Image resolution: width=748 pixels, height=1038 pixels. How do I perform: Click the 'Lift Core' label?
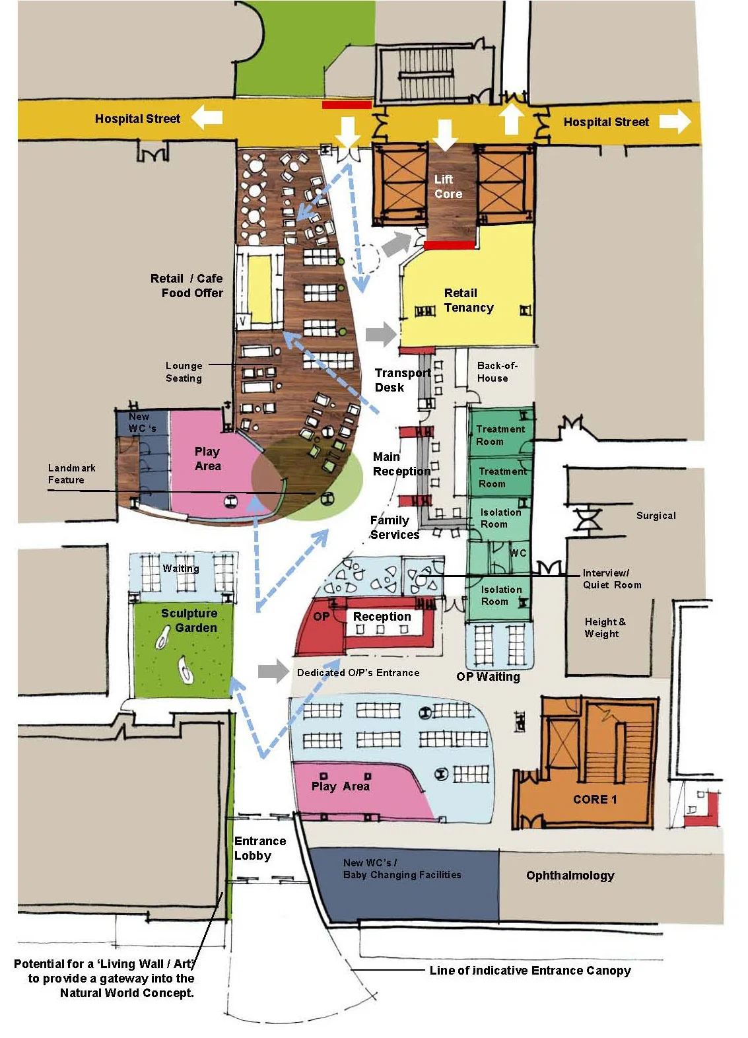(448, 187)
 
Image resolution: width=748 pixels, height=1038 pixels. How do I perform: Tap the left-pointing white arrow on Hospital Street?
(207, 118)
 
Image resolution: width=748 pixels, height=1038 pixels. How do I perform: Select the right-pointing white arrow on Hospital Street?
(675, 121)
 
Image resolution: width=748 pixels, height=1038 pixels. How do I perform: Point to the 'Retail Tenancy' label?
(468, 300)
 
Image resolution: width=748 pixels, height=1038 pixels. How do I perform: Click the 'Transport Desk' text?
(401, 380)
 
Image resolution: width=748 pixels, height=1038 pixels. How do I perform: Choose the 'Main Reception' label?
(401, 464)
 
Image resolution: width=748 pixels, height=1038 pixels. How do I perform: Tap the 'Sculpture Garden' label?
(189, 621)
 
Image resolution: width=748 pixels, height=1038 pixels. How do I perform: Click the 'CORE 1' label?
(594, 800)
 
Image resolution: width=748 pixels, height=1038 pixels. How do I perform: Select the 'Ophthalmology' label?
(570, 876)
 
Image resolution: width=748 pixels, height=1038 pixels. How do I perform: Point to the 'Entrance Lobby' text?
(259, 848)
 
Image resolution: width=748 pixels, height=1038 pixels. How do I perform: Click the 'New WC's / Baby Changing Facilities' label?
(401, 869)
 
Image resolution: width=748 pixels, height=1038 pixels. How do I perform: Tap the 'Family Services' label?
(394, 528)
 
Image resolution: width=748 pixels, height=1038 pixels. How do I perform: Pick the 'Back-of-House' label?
(496, 372)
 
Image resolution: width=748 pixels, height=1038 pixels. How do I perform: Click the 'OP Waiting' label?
(488, 677)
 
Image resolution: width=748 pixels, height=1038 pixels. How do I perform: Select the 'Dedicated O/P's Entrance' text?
(358, 673)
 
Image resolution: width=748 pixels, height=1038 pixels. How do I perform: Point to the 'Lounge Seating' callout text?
(184, 372)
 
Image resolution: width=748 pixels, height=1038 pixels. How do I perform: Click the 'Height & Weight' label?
(604, 628)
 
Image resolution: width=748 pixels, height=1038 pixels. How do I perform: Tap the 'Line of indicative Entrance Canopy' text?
(529, 971)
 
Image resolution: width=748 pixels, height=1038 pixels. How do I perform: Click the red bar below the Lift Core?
(449, 245)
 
